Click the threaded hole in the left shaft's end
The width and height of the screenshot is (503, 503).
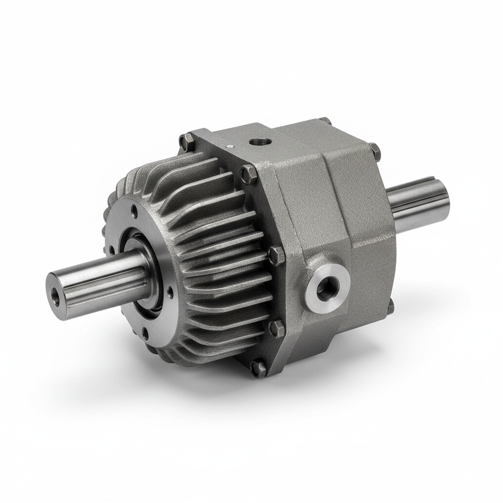coord(54,297)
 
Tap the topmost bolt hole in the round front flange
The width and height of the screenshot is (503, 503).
coord(135,212)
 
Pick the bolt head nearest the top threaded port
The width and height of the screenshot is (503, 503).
coord(249,173)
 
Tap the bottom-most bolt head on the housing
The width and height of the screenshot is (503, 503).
coord(258,367)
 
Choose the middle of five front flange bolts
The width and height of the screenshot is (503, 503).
coord(277,255)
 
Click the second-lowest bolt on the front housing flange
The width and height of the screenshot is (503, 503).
coord(277,328)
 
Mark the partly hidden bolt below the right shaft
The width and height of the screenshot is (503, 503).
coord(391,307)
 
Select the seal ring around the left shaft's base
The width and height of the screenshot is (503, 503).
coord(147,275)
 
